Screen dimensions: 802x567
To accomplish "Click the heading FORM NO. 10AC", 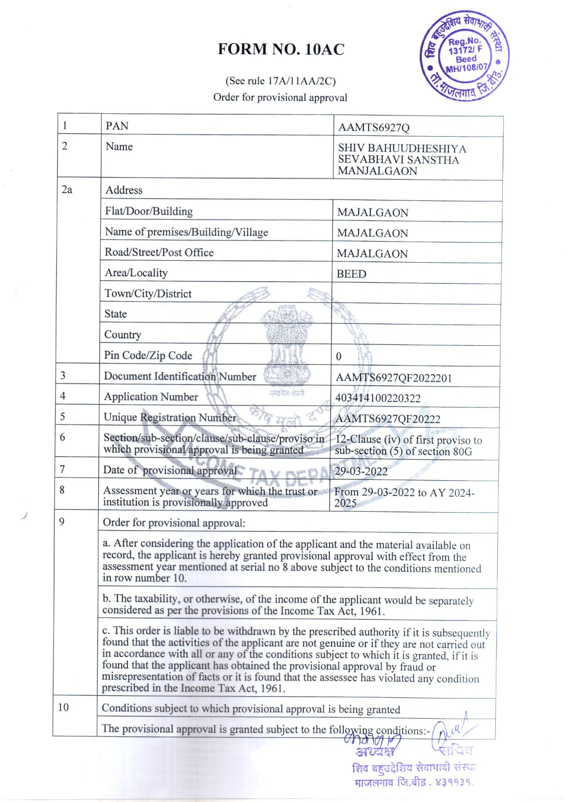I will [281, 49].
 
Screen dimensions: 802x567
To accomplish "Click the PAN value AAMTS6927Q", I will [373, 127].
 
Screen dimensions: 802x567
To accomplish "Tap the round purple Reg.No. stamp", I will [464, 56].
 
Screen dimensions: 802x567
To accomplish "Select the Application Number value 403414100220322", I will [377, 398].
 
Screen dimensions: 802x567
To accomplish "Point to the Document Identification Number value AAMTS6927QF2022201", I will [394, 378].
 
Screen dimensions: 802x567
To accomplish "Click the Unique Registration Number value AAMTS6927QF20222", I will [388, 419].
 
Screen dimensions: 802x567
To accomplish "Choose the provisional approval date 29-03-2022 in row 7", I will [361, 471].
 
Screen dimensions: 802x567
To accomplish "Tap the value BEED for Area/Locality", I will [351, 274].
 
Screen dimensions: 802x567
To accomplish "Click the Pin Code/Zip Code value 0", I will [338, 356].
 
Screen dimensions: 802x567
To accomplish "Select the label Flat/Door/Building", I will [149, 212].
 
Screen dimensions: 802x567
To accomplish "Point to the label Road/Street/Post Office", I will [159, 252].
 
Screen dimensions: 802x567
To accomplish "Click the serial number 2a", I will [67, 189].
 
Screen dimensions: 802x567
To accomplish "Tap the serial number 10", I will [63, 707].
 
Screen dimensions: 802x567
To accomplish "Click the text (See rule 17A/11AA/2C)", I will [280, 81].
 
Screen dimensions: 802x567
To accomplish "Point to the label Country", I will [123, 334].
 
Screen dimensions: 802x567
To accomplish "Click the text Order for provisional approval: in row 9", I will [174, 523].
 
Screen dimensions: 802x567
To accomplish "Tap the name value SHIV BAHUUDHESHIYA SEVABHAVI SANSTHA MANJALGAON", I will [402, 159].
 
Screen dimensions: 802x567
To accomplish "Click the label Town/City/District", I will [148, 294].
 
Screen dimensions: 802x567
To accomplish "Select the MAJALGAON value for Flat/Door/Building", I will [372, 213].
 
